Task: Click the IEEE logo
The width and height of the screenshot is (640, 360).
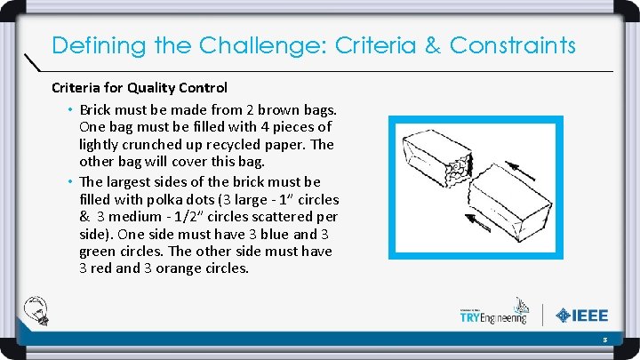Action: click(x=581, y=315)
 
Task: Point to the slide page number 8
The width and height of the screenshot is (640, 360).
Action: click(x=604, y=339)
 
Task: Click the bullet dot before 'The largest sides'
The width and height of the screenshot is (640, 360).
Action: click(x=69, y=181)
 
